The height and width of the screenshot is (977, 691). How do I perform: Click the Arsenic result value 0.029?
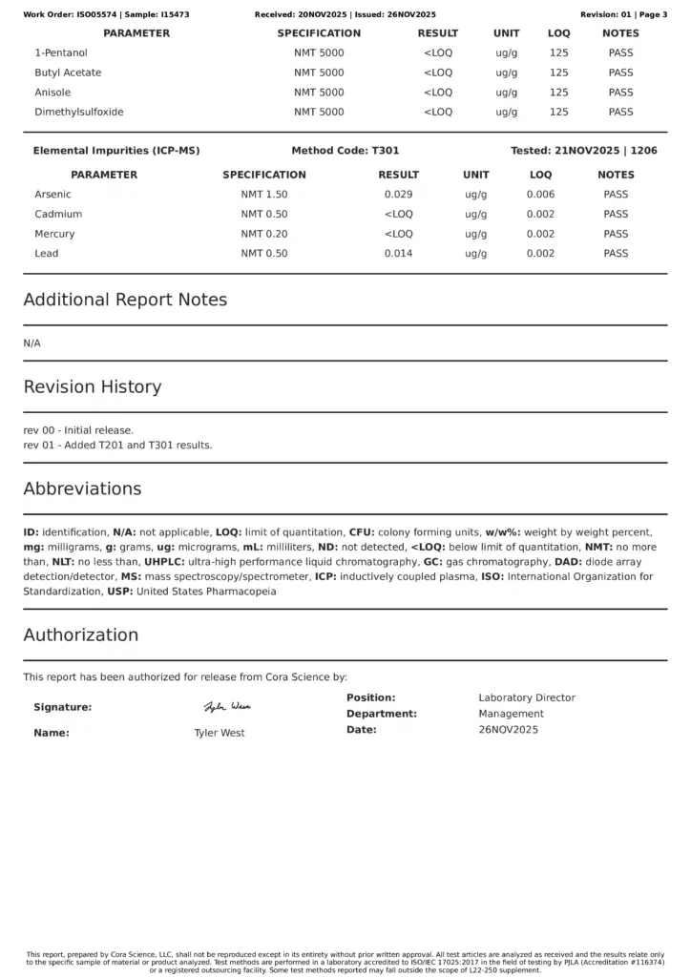[398, 195]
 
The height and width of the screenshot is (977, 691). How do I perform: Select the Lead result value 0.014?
[398, 254]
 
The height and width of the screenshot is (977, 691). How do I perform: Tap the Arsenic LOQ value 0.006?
[540, 195]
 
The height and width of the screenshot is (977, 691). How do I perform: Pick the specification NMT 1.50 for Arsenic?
[264, 195]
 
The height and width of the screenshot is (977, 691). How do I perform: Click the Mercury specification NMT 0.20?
[264, 234]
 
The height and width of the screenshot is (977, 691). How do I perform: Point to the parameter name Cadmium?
[58, 215]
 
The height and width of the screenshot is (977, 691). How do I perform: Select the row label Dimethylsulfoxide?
[79, 113]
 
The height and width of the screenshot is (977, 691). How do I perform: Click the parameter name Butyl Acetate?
[68, 73]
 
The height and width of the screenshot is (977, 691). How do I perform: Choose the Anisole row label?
[54, 93]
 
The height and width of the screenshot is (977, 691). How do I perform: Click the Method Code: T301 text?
[345, 151]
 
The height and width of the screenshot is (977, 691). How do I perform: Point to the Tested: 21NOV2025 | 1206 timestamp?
[584, 151]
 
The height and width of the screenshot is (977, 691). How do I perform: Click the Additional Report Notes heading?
[125, 300]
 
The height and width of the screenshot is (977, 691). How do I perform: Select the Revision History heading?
[93, 387]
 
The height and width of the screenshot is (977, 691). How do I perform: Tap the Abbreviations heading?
[82, 488]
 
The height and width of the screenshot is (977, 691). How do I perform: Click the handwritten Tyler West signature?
[227, 707]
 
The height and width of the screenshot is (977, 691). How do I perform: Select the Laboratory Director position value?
[527, 698]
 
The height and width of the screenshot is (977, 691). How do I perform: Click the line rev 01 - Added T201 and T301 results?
[117, 446]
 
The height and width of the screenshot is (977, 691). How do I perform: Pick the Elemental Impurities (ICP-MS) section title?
[116, 151]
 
